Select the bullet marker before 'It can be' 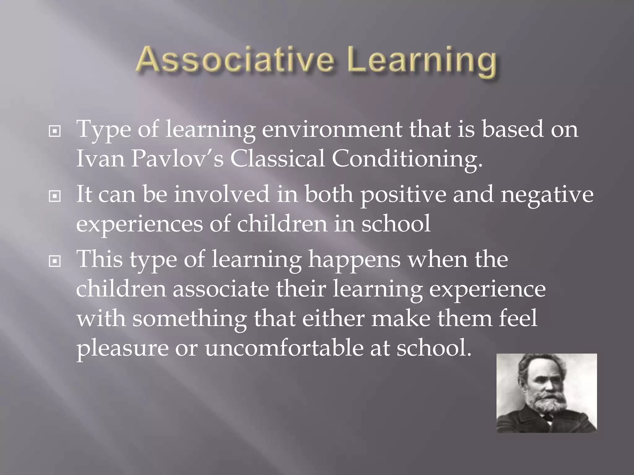(x=55, y=196)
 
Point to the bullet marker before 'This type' (x=55, y=262)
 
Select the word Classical (x=277, y=158)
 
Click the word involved (x=221, y=194)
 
